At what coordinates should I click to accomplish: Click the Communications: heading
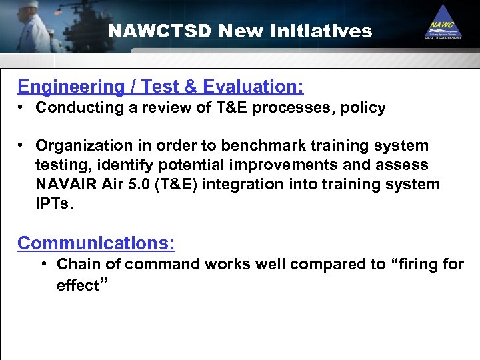(x=96, y=243)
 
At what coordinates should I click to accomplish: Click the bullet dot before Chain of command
(x=43, y=264)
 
